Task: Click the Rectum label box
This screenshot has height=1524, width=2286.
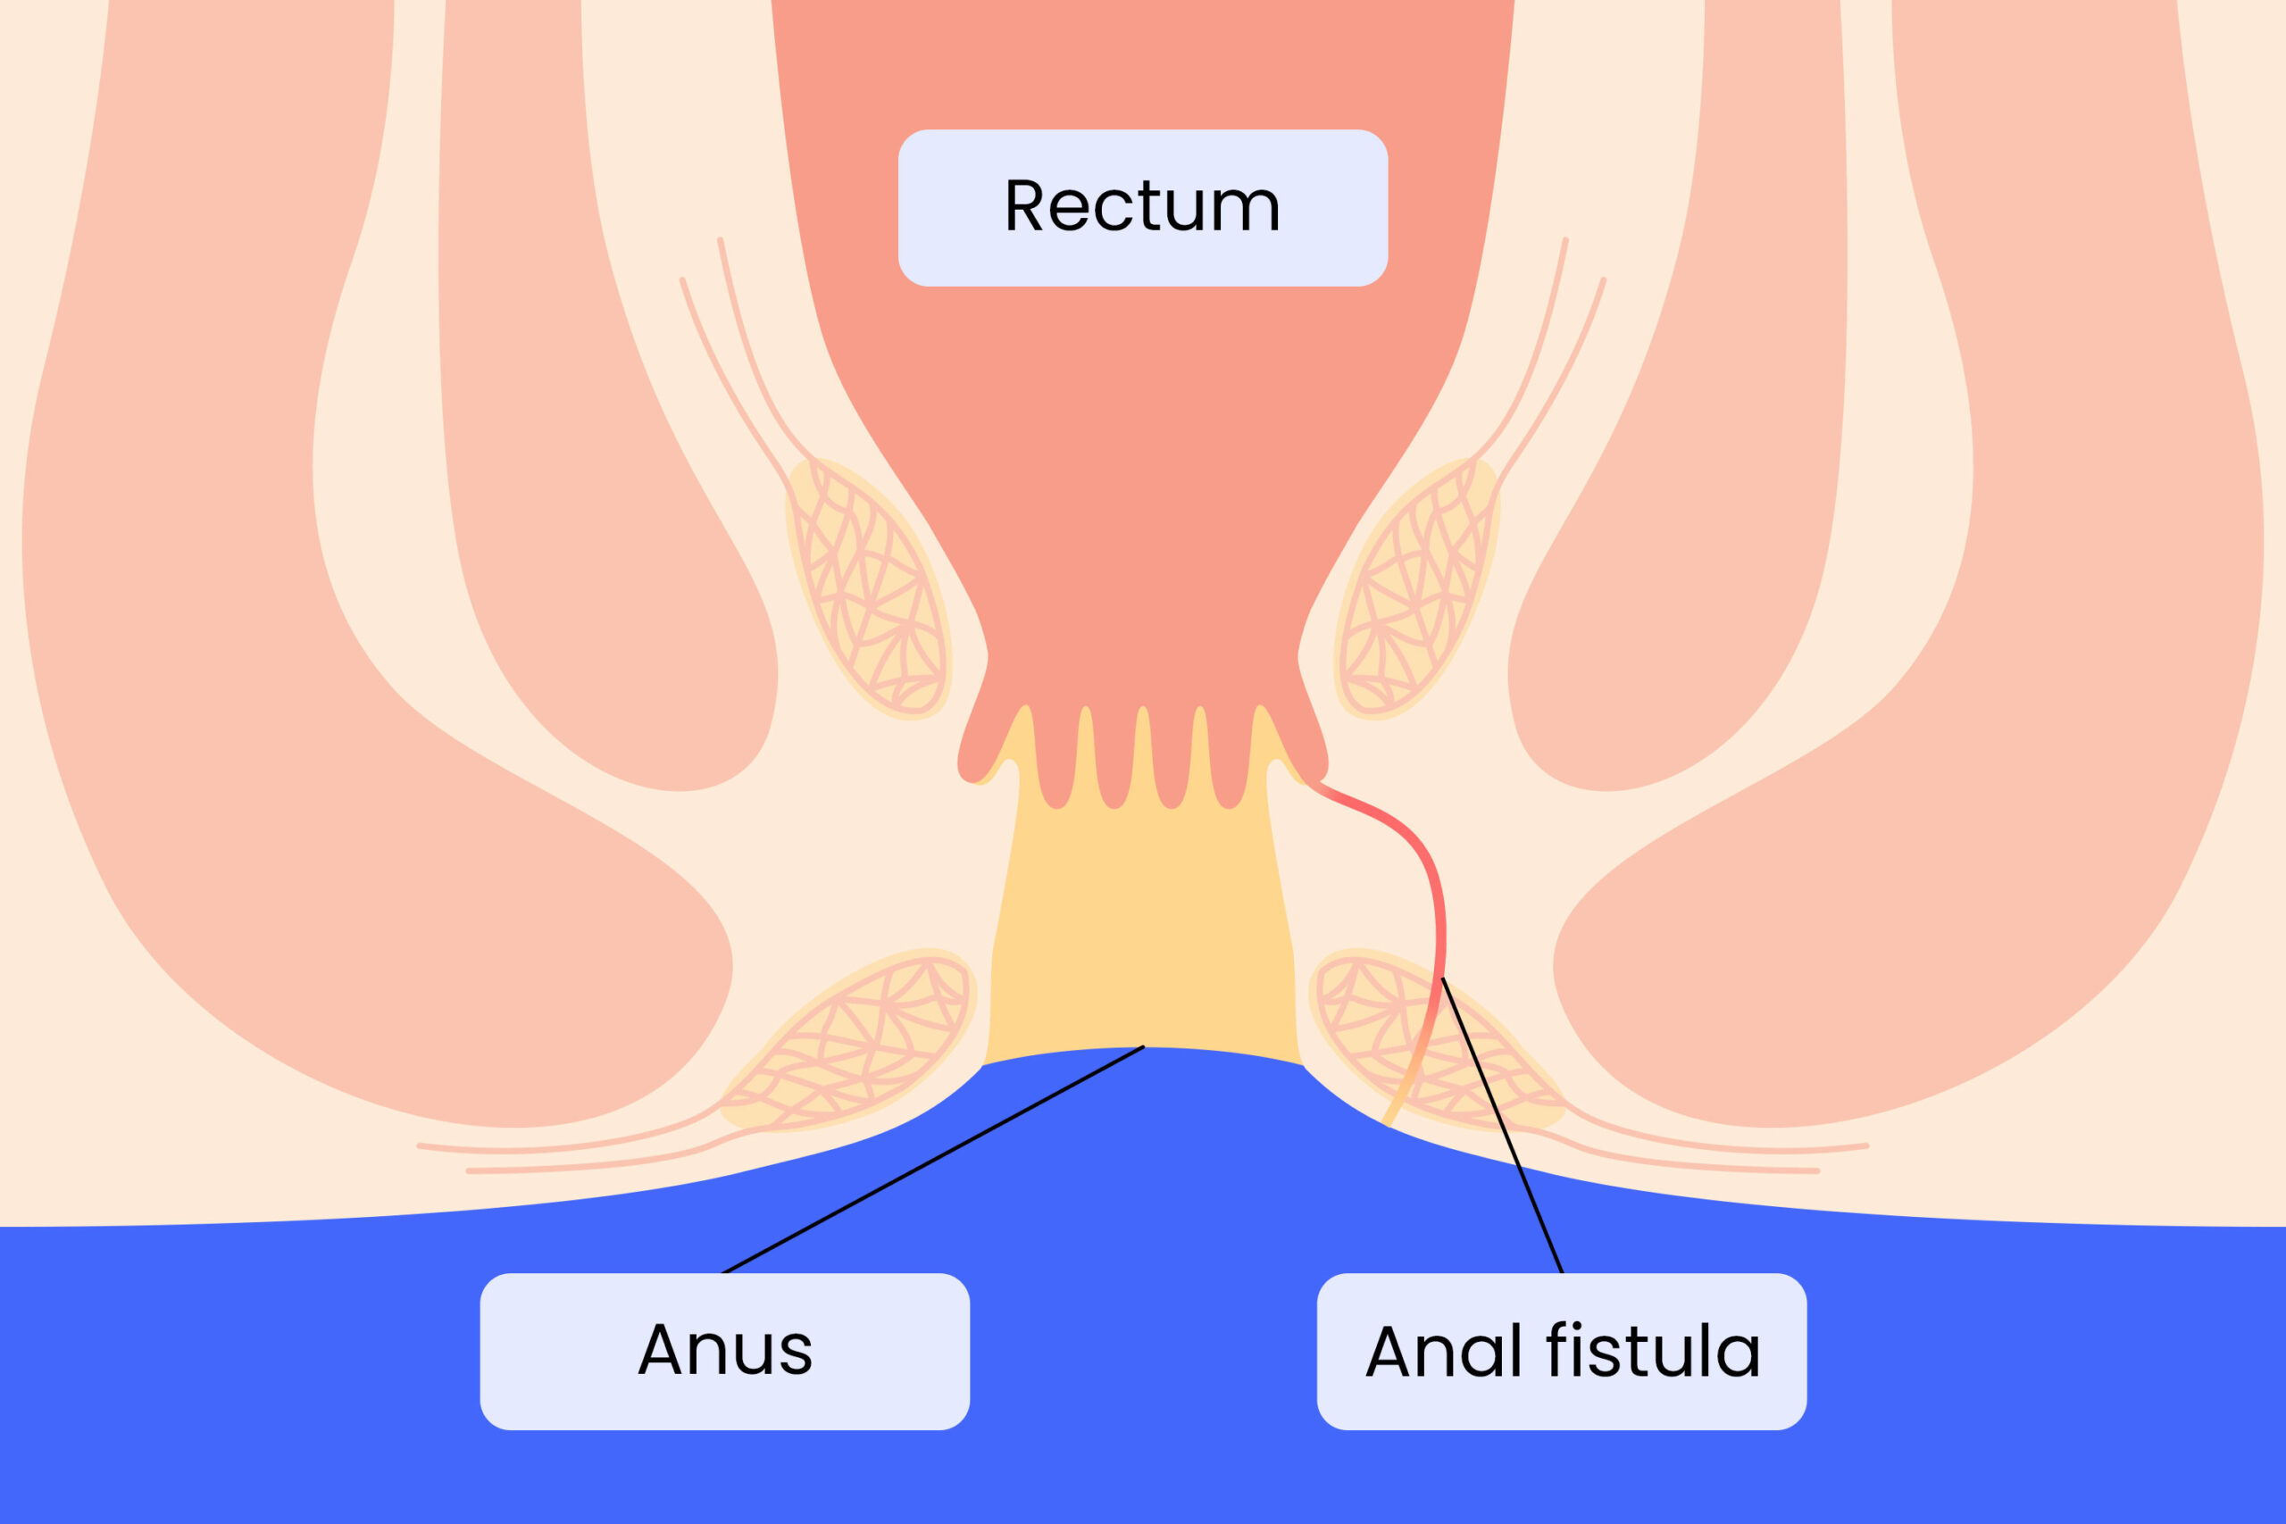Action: [1142, 207]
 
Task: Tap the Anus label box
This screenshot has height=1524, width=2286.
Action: [724, 1350]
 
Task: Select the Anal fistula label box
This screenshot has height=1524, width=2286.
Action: [1561, 1350]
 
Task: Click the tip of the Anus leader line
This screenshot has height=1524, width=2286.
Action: [1143, 1046]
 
